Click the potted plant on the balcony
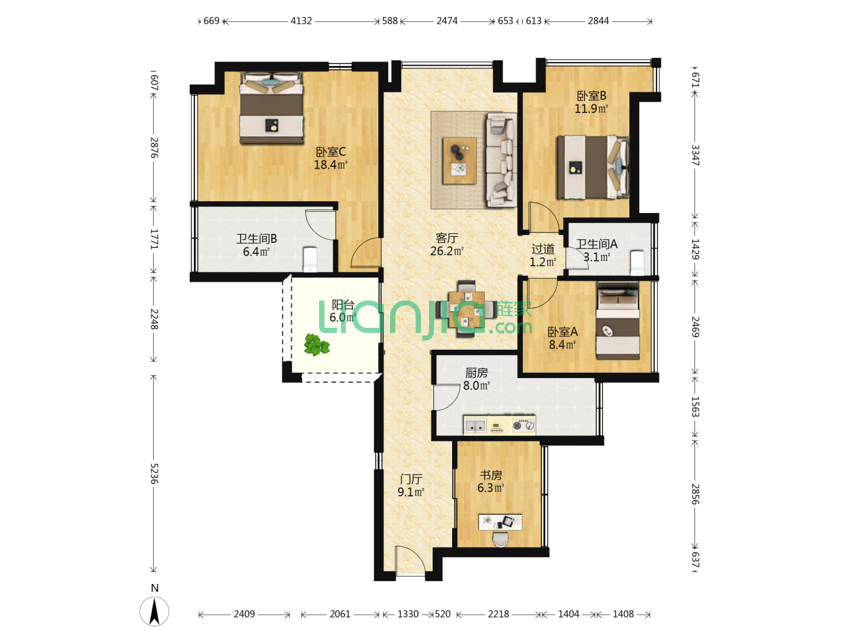(x=317, y=344)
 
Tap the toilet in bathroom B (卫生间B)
(x=310, y=259)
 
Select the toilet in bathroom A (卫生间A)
(x=637, y=263)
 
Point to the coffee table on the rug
(x=459, y=160)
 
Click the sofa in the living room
(x=501, y=159)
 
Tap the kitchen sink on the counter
(x=475, y=425)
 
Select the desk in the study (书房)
(x=500, y=522)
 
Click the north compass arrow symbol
(x=154, y=611)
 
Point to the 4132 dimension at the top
(x=301, y=21)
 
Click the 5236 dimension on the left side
(x=154, y=473)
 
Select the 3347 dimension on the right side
(x=695, y=155)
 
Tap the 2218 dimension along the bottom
(x=498, y=614)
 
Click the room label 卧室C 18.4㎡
(x=330, y=159)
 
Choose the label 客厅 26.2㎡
(x=447, y=244)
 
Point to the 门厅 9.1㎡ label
(x=411, y=485)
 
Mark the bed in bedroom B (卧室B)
(x=593, y=167)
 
